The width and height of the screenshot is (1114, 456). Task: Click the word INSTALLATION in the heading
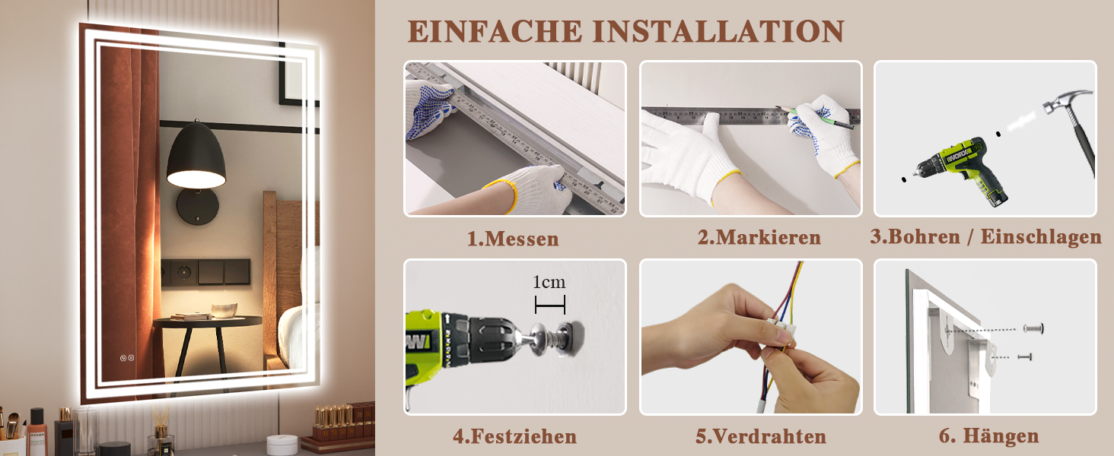pos(718,31)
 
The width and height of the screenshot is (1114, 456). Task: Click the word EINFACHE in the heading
pos(495,31)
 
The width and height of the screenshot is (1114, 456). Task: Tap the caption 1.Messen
pos(513,239)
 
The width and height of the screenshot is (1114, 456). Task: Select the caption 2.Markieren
pos(759,237)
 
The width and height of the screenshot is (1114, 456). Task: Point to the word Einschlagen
pos(1041,237)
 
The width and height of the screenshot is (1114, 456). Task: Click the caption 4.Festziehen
pos(514,437)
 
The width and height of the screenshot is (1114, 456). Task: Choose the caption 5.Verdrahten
pos(761,437)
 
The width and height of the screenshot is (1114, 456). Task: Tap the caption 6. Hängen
pos(988,435)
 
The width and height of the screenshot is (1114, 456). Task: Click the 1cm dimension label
pos(549,282)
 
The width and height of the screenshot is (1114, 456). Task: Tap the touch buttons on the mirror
pos(127,358)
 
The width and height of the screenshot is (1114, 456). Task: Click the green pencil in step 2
pos(815,118)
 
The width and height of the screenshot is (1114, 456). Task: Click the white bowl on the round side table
pos(224,310)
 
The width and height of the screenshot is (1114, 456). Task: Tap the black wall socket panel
pos(205,272)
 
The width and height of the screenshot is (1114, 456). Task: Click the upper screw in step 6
pos(1033,328)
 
